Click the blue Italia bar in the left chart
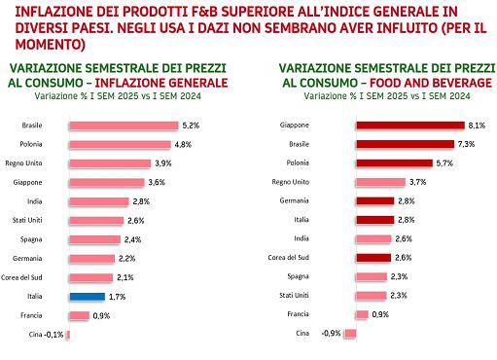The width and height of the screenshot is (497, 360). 87,296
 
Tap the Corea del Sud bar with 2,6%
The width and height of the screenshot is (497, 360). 373,258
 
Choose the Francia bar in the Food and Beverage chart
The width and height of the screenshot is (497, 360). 362,314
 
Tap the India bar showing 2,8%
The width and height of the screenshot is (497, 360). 97,201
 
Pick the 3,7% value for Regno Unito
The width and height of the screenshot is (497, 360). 418,182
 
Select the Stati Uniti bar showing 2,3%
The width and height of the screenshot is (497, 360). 370,296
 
